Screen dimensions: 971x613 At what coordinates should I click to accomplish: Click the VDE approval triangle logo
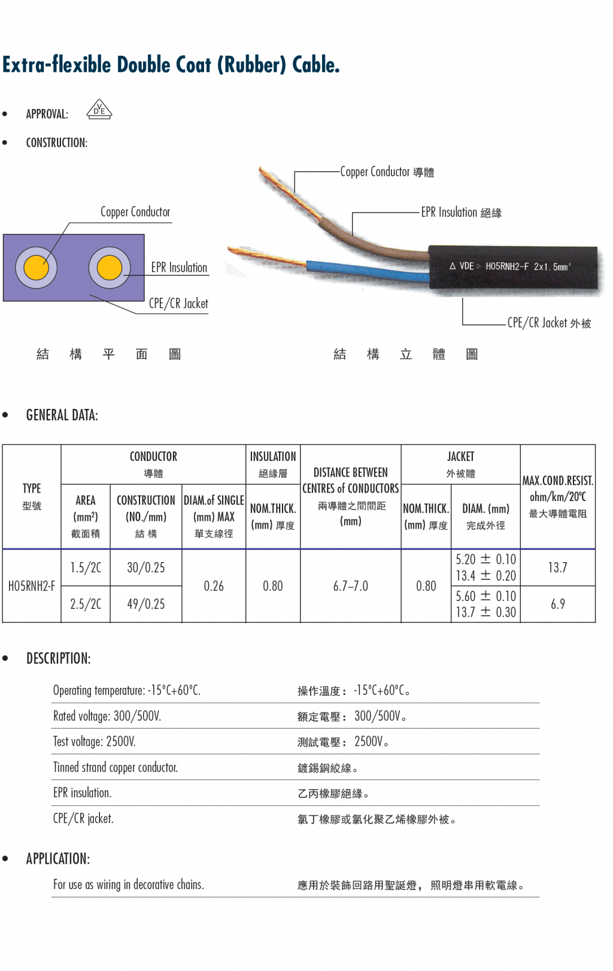[x=99, y=110]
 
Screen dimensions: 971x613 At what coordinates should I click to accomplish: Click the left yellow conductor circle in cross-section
[x=36, y=268]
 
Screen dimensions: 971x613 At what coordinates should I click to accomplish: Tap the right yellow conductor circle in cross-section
[x=110, y=268]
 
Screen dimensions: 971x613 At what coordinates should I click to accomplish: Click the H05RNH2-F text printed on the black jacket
[x=507, y=266]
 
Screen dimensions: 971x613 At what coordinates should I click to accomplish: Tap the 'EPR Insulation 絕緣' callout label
[x=461, y=213]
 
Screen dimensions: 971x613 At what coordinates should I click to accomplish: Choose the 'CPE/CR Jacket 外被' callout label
[x=549, y=323]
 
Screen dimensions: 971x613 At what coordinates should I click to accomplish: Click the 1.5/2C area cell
[x=86, y=568]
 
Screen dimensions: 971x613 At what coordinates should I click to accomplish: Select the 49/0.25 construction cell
[x=146, y=604]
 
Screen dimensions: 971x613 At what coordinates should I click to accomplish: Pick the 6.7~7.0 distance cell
[x=351, y=586]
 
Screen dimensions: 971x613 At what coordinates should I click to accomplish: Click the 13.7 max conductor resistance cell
[x=557, y=568]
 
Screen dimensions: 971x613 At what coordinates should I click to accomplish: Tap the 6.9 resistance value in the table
[x=557, y=604]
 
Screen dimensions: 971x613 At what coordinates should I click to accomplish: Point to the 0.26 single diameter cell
[x=214, y=586]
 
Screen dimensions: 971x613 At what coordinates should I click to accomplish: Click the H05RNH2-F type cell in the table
[x=32, y=586]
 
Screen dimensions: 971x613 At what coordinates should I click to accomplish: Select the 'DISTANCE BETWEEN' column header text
[x=351, y=472]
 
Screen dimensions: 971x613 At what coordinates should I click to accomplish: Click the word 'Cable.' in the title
[x=316, y=65]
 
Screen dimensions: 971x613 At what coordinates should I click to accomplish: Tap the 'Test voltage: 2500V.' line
[x=95, y=742]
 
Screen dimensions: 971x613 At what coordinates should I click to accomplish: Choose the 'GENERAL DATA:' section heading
[x=62, y=415]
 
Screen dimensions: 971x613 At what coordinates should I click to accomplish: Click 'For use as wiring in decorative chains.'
[x=129, y=885]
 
